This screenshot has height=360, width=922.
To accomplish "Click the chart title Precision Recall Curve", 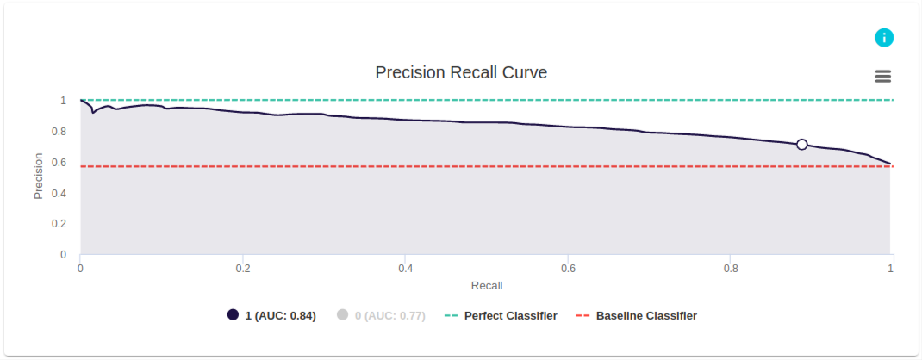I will point(461,72).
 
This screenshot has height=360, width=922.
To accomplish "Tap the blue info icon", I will point(884,38).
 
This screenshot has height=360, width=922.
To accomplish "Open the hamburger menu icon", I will point(882,76).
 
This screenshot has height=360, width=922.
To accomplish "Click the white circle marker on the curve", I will point(802,145).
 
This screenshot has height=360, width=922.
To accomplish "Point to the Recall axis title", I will point(487,285).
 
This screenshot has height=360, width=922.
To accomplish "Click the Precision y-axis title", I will point(38,176).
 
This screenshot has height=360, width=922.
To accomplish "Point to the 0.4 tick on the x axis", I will point(405,268).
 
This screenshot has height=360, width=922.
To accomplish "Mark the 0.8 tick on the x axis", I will point(730,268).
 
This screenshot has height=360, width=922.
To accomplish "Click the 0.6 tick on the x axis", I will point(568,268).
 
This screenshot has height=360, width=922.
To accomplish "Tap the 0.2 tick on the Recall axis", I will point(243,268).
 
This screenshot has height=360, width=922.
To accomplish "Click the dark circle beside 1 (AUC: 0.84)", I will point(233,315).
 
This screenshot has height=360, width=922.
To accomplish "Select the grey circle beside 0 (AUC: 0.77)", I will point(342,315).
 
